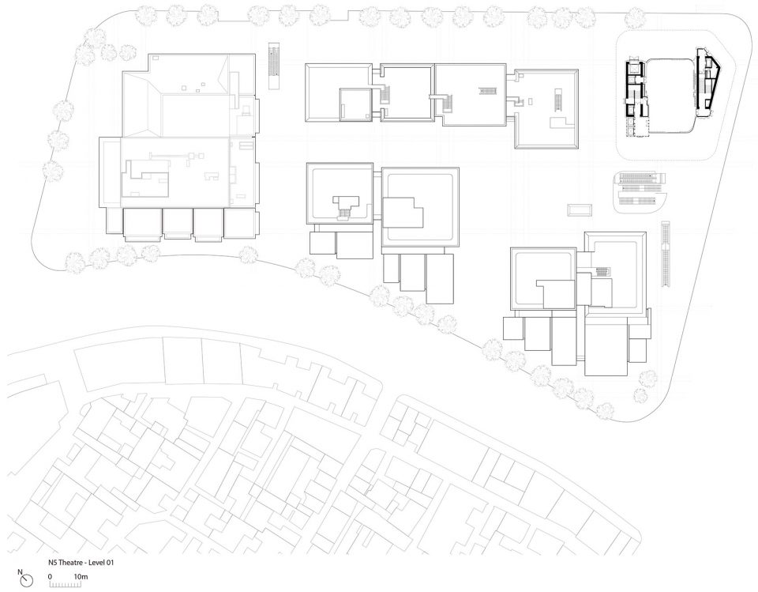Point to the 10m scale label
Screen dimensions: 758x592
[81, 576]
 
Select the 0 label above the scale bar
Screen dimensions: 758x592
[51, 576]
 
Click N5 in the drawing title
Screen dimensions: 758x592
[52, 563]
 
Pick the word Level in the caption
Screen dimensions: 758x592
[95, 563]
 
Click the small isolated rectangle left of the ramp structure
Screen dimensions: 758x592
[580, 210]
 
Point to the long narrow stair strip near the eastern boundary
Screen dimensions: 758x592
[666, 255]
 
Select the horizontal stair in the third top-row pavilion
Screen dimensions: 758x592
[485, 91]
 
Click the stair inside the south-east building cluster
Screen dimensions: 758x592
[602, 271]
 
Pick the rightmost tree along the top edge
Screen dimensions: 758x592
[635, 19]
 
